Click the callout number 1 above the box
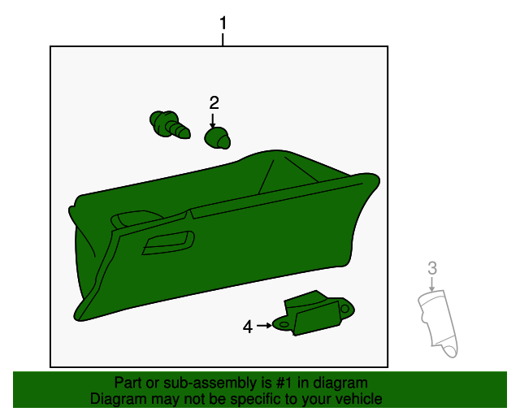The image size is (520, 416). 223,23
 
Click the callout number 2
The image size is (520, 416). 214,103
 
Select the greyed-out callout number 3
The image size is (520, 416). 432,268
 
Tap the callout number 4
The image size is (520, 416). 248,327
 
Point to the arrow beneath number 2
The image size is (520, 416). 213,120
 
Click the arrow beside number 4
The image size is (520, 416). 264,326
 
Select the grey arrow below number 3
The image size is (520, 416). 431,284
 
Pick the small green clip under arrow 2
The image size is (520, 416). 217,138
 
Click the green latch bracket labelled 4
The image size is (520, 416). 313,313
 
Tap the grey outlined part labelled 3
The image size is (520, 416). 438,323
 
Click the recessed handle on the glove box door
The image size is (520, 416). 168,243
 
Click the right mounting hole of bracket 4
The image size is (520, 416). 344,309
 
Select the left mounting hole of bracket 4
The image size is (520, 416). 284,324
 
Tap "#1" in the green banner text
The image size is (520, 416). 284,383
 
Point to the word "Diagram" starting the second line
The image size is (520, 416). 118,399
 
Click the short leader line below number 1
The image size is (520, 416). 223,40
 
